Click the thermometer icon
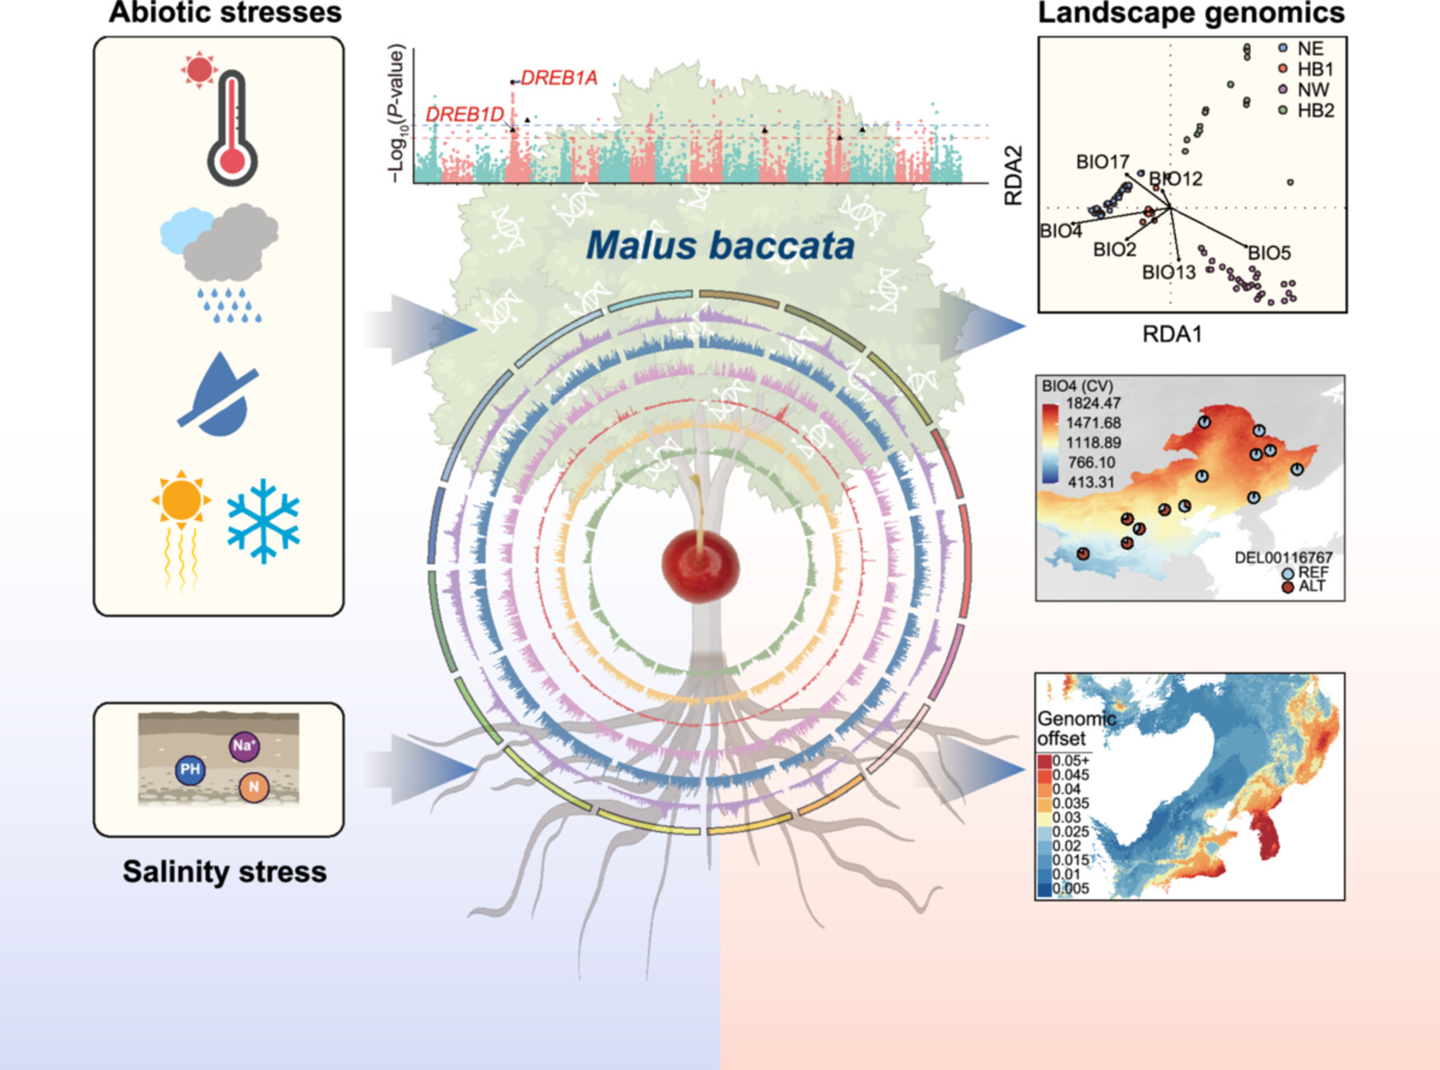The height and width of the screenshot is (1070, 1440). [232, 127]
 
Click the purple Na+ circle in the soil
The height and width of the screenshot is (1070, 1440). [243, 746]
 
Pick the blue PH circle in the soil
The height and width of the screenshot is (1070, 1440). [190, 769]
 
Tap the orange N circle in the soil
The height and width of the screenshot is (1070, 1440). [254, 787]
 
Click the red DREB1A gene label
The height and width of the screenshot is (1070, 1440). [558, 78]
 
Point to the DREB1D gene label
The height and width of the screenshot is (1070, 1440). [465, 115]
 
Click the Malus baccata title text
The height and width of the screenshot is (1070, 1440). [720, 245]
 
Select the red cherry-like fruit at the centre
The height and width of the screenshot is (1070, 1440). [700, 566]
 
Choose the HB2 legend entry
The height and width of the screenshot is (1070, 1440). [1315, 111]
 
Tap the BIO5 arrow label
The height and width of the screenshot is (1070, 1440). [1269, 253]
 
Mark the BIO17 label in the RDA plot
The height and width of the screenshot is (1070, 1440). [1102, 162]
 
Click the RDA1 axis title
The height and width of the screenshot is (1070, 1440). [1172, 334]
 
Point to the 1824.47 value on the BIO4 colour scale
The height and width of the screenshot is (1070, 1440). [1093, 404]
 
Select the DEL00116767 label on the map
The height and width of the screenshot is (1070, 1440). [1282, 557]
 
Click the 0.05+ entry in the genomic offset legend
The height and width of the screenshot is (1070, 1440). [1071, 761]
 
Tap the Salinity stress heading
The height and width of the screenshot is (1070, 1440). [224, 872]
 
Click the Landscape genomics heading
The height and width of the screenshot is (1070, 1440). [1191, 14]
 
